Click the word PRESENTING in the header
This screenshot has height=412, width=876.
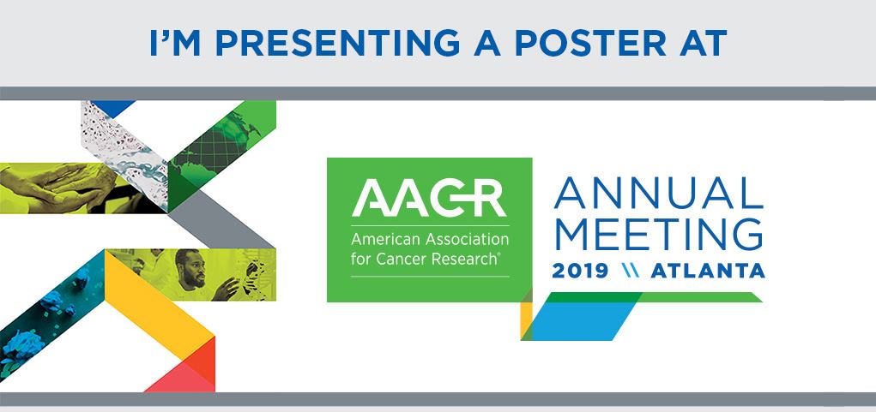tap(338, 44)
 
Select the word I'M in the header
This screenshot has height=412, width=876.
tap(175, 44)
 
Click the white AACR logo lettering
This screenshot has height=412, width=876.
tap(429, 198)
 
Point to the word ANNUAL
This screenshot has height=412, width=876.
tap(658, 193)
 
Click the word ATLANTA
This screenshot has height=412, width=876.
tap(708, 271)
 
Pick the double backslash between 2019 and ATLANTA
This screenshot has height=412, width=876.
tap(630, 271)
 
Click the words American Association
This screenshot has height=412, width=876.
tap(430, 240)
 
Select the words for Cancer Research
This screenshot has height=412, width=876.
tap(425, 260)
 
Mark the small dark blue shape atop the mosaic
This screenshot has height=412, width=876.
tap(113, 108)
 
